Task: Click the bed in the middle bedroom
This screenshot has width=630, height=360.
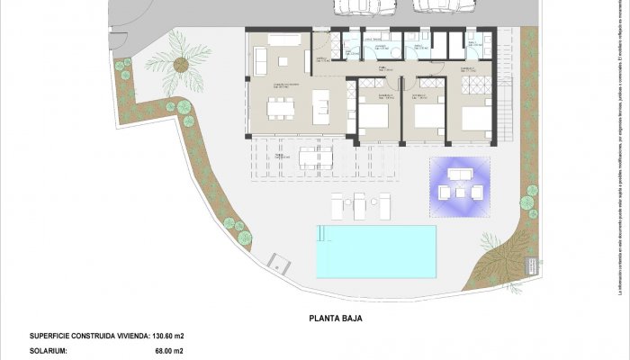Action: (429, 116)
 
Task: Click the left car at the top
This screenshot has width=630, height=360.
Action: (358, 6)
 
